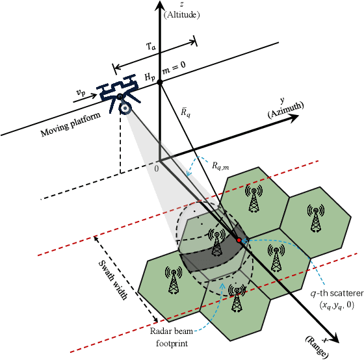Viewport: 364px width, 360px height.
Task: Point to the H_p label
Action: (150, 77)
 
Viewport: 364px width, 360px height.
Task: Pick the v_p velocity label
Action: (81, 93)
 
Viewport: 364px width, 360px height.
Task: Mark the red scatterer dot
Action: (239, 240)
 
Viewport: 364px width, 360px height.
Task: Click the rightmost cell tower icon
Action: (317, 217)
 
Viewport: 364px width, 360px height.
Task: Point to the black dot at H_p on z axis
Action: (160, 81)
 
